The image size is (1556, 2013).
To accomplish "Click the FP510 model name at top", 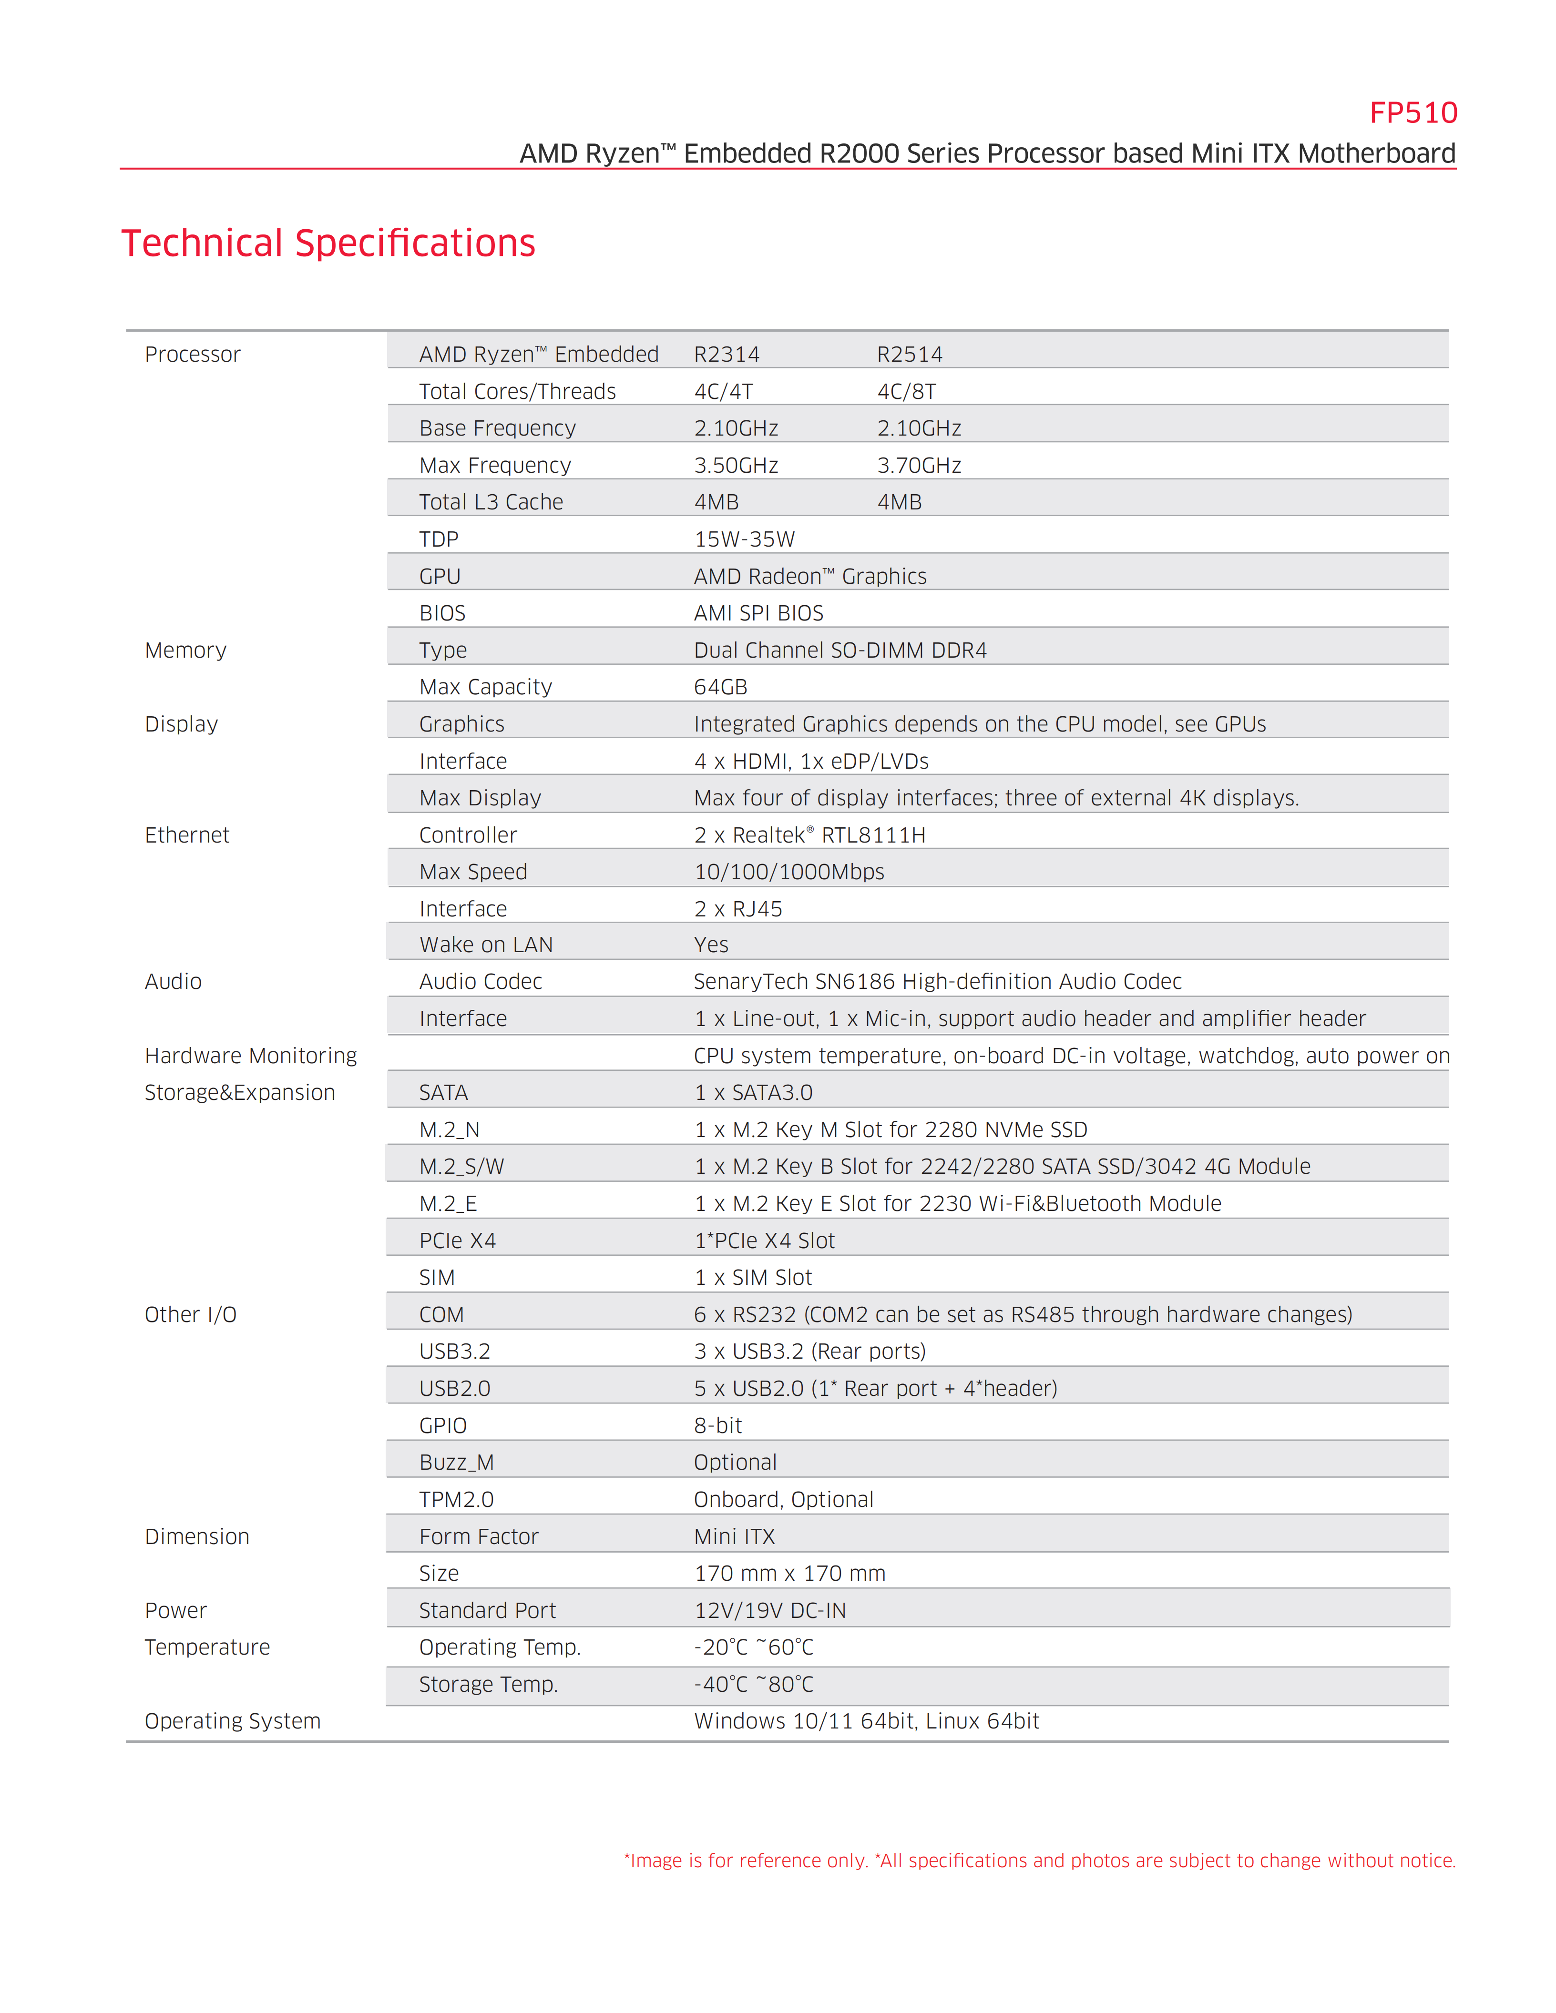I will pyautogui.click(x=1412, y=113).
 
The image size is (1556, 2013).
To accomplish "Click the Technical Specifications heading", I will pyautogui.click(x=328, y=244).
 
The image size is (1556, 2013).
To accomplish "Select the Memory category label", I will pyautogui.click(x=185, y=651).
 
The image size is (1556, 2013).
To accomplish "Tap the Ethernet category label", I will pyautogui.click(x=187, y=835).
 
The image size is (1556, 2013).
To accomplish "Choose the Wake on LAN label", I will pyautogui.click(x=486, y=945).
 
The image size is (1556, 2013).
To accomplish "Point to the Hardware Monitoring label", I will pyautogui.click(x=251, y=1056).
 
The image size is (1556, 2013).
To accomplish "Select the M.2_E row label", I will pyautogui.click(x=448, y=1204).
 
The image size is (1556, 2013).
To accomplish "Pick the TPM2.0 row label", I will pyautogui.click(x=456, y=1500).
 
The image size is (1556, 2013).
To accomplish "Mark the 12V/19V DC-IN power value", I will pyautogui.click(x=770, y=1610).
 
